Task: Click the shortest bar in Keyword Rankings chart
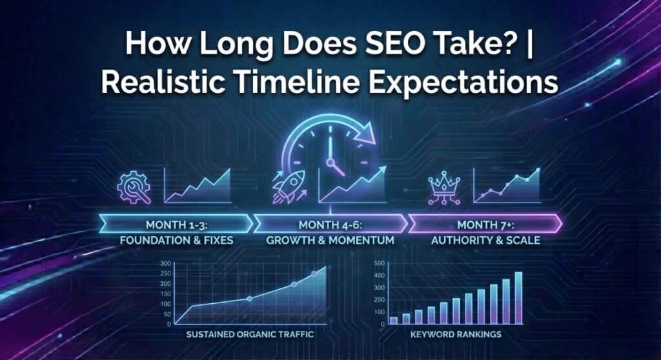394,320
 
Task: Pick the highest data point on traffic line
314,274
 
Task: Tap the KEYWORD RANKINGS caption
456,335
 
